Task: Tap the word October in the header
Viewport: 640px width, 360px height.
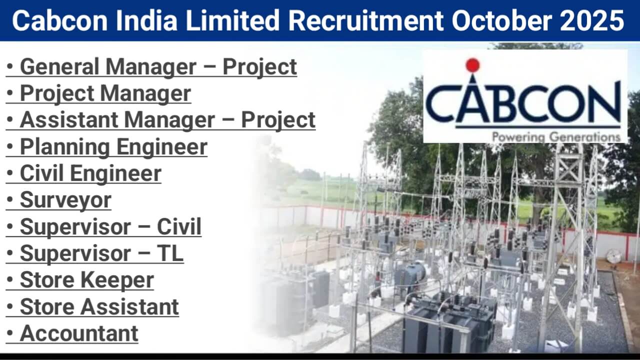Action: (x=501, y=20)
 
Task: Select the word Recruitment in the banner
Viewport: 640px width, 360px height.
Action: (x=365, y=20)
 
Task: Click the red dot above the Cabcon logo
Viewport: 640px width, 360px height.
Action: (x=472, y=65)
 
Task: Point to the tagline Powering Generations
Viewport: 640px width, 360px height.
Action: (x=556, y=137)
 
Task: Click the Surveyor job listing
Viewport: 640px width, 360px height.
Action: (x=65, y=200)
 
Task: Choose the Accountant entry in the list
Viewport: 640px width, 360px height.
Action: (x=79, y=333)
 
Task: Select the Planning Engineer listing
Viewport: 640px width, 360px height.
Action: (x=113, y=147)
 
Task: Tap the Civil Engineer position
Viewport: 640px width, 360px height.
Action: (x=90, y=173)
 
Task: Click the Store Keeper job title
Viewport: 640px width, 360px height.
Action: (x=87, y=280)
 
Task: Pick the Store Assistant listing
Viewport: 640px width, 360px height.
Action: (x=99, y=306)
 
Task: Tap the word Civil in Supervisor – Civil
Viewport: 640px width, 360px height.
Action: (x=179, y=226)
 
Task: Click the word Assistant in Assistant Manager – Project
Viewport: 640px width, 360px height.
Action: (x=68, y=120)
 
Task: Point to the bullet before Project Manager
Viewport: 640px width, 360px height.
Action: (x=10, y=93)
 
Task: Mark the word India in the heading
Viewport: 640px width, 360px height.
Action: (x=146, y=20)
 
